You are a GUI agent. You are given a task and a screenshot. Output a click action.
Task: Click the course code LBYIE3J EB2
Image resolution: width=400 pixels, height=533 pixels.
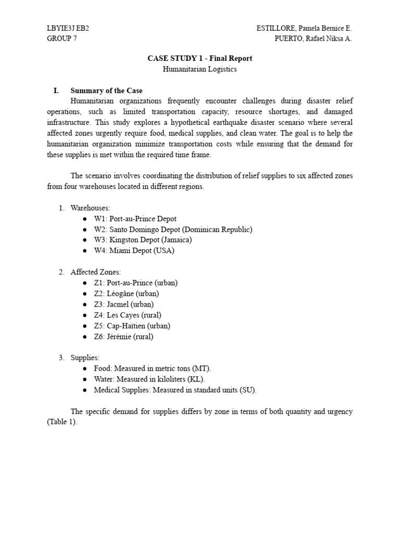68,28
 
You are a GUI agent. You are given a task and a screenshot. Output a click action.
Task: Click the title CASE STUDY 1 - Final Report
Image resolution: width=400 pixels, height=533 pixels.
200,59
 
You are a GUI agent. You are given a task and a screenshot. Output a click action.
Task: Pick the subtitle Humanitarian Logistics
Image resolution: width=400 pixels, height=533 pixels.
200,69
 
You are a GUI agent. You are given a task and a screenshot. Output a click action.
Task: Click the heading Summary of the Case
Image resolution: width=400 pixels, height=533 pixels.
106,91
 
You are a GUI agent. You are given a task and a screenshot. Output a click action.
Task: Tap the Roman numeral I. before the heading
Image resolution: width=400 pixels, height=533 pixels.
56,91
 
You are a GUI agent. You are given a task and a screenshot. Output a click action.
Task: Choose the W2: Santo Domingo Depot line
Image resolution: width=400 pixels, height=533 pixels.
173,229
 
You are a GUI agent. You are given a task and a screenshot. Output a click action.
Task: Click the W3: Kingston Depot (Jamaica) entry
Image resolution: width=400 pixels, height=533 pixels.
143,240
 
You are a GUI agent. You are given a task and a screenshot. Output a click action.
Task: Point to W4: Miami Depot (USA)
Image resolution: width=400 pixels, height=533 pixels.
134,250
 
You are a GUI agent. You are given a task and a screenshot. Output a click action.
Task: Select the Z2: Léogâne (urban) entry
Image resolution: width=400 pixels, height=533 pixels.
127,294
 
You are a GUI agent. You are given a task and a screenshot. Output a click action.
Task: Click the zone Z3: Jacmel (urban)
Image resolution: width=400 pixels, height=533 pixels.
123,304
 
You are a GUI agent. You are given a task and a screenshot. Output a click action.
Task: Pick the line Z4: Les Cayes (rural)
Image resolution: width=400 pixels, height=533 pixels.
128,315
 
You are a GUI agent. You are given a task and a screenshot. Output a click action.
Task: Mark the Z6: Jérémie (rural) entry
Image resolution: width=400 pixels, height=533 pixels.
123,336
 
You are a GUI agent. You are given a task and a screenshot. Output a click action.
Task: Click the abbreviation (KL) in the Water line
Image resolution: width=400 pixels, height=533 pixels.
203,379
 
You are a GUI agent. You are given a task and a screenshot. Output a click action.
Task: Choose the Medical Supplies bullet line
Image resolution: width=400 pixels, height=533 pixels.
175,390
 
